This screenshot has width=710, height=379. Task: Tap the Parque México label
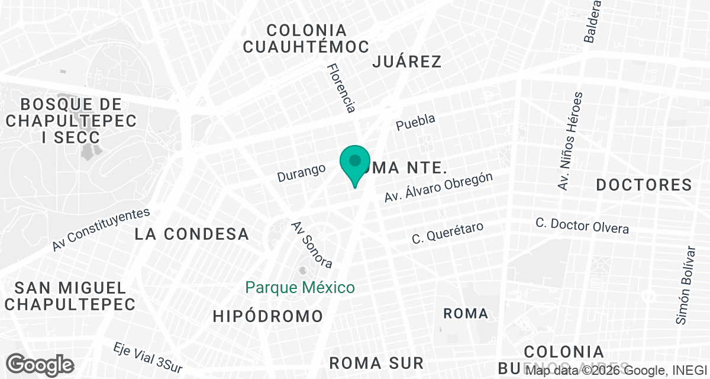pyautogui.click(x=300, y=288)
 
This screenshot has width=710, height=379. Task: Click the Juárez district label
pyautogui.click(x=408, y=62)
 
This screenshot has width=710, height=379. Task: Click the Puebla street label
pyautogui.click(x=415, y=122)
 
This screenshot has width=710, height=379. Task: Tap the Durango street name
pyautogui.click(x=302, y=172)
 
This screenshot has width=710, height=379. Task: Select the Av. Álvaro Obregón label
pyautogui.click(x=438, y=188)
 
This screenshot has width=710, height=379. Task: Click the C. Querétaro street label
pyautogui.click(x=448, y=233)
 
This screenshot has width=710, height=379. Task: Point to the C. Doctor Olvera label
pyautogui.click(x=582, y=226)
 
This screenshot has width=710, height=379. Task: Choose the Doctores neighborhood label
pyautogui.click(x=644, y=185)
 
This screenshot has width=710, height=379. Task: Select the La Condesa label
pyautogui.click(x=192, y=234)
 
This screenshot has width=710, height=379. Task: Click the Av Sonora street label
pyautogui.click(x=312, y=244)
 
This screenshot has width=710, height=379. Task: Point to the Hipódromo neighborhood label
pyautogui.click(x=268, y=316)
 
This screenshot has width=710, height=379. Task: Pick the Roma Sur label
pyautogui.click(x=376, y=362)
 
